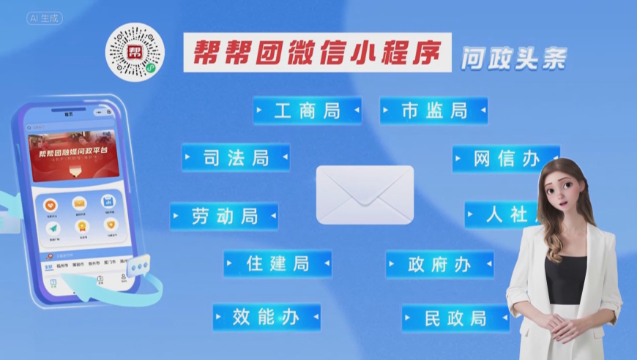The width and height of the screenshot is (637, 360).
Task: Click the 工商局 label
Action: click(x=308, y=111)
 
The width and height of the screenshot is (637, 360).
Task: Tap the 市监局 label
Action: click(x=434, y=111)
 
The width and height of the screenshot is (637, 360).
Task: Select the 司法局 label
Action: click(x=236, y=157)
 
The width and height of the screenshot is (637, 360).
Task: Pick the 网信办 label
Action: click(x=505, y=159)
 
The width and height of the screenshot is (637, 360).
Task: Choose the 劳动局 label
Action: click(x=225, y=217)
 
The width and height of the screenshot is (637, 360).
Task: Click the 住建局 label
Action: click(x=277, y=263)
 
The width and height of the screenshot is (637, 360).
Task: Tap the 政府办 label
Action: click(x=439, y=265)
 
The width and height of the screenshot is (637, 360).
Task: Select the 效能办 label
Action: click(x=267, y=318)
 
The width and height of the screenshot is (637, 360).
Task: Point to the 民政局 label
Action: click(x=455, y=318)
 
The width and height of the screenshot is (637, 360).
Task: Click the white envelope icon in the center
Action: click(x=365, y=195)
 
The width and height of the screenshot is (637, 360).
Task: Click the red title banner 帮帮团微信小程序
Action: click(x=317, y=51)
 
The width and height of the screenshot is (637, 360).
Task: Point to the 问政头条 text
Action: click(x=513, y=59)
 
